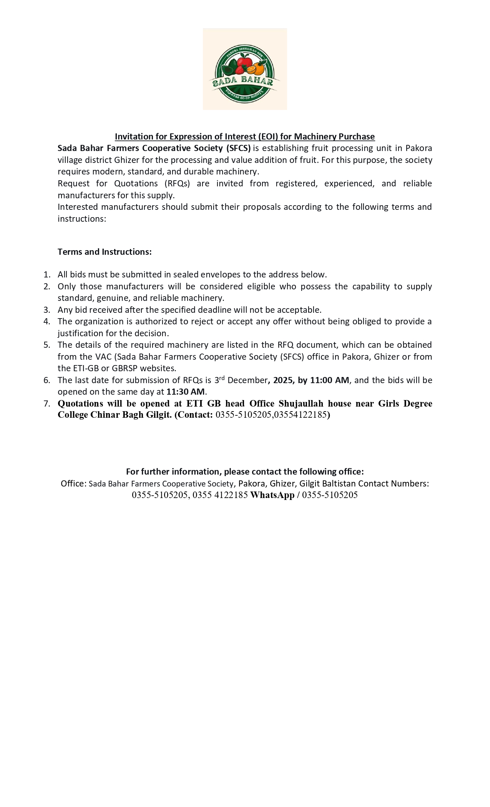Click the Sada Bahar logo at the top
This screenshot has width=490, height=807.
point(245,69)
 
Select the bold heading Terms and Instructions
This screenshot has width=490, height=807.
point(105,252)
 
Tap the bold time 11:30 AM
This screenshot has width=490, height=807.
point(186,392)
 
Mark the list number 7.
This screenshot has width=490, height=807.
point(47,403)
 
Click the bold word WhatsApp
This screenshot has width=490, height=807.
point(272,495)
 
